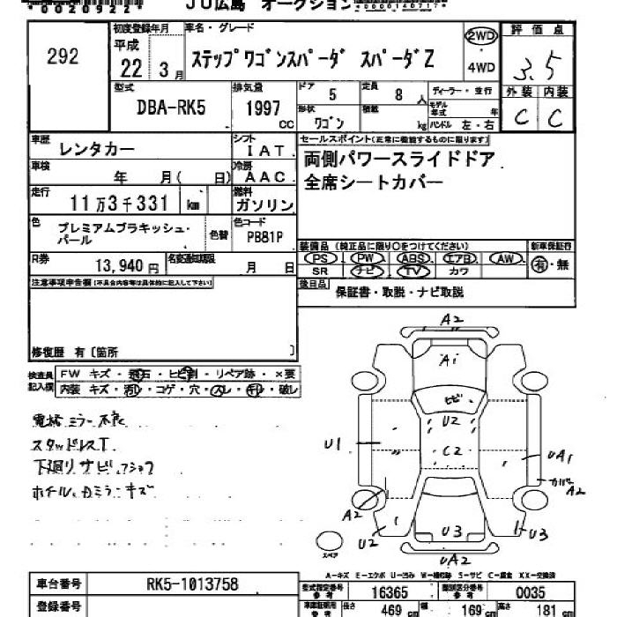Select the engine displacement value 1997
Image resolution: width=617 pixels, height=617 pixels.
[x=256, y=110]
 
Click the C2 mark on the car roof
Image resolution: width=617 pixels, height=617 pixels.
[x=452, y=450]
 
